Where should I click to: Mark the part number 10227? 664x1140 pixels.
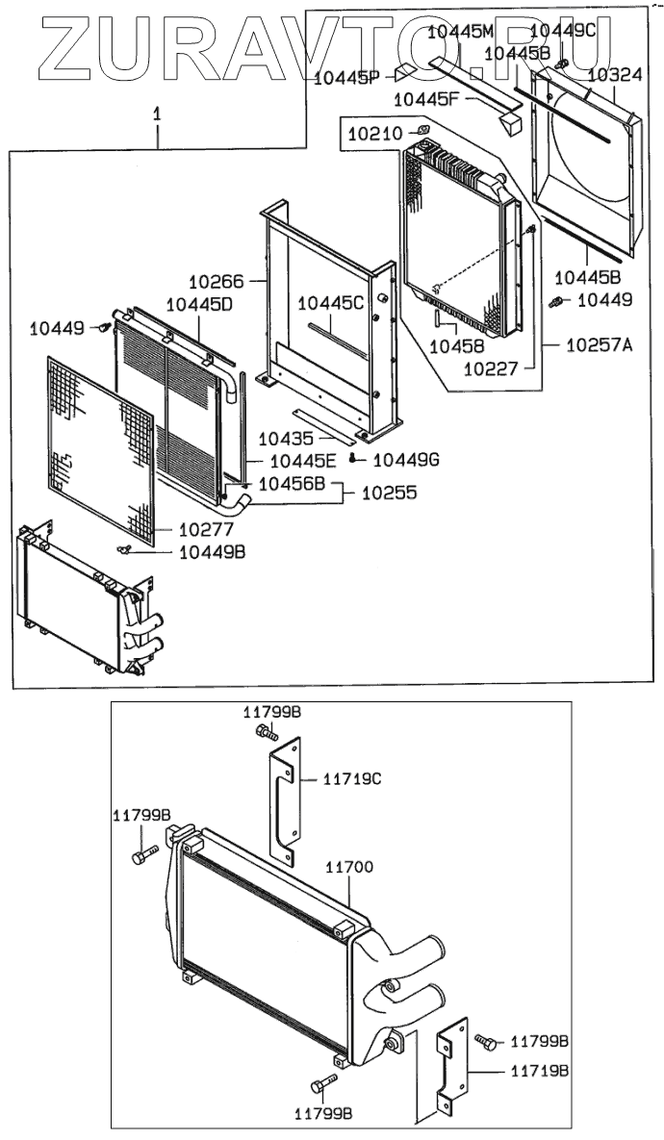click(x=492, y=367)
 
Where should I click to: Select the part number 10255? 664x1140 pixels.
click(x=389, y=493)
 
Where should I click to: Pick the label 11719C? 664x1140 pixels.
click(x=348, y=778)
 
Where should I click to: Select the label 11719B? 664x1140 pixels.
click(x=538, y=1070)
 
